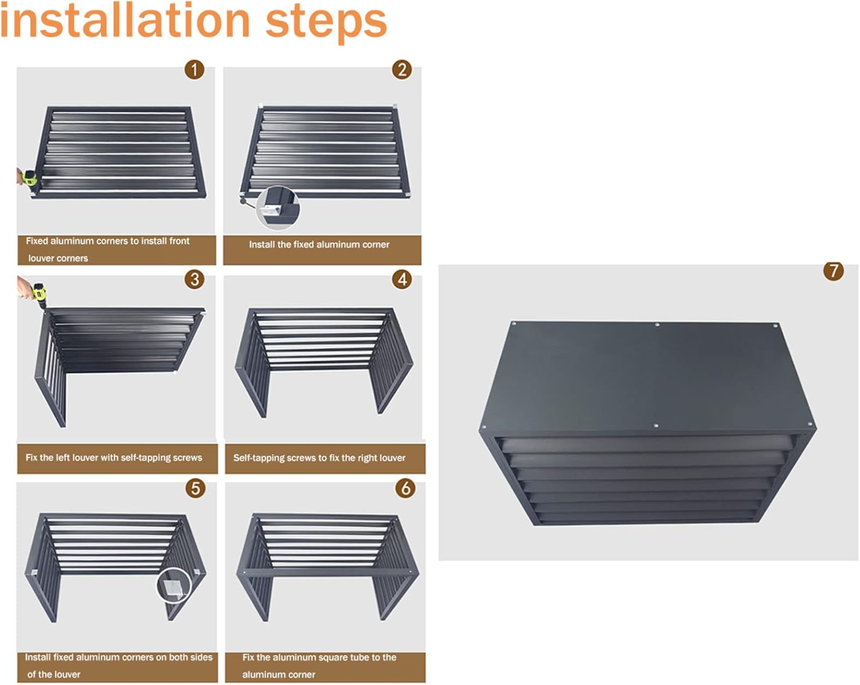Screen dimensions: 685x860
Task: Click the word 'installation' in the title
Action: click(125, 21)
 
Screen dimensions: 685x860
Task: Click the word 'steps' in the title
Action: click(326, 22)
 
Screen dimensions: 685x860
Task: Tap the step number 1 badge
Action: click(194, 70)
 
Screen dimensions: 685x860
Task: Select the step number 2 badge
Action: click(402, 70)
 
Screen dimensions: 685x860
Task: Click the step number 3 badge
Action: click(194, 279)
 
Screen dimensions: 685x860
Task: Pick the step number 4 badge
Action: click(402, 279)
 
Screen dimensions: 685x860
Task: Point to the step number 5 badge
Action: click(196, 488)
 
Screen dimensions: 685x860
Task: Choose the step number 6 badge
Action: click(405, 488)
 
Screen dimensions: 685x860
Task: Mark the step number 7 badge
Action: click(833, 271)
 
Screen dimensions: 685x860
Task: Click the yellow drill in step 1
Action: click(29, 178)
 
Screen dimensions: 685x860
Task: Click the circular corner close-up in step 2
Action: click(277, 208)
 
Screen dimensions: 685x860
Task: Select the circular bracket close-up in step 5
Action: click(174, 586)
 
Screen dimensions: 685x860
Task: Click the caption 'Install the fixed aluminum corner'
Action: click(319, 245)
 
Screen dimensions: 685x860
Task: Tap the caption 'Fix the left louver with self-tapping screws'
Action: click(114, 458)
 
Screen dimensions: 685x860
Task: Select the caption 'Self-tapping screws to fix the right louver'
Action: click(319, 458)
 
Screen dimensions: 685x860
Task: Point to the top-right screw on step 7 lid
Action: click(776, 326)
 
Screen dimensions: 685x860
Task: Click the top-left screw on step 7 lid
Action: click(514, 324)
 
